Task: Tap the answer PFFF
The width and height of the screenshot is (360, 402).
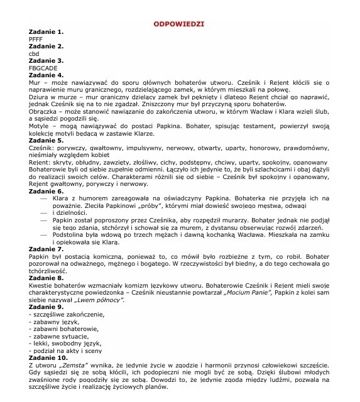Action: [36, 39]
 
